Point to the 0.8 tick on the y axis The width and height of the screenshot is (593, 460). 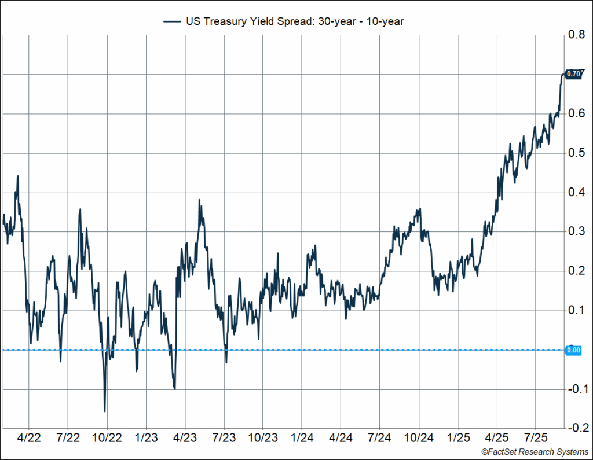point(576,35)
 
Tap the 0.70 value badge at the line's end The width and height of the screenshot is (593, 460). point(573,74)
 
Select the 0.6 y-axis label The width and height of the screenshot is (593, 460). point(576,113)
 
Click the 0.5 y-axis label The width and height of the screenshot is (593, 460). point(576,153)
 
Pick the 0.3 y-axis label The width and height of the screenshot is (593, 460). point(576,231)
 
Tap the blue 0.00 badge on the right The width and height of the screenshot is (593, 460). point(573,350)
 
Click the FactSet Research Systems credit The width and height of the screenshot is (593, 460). point(534,451)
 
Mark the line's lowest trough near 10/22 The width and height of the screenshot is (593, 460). point(105,411)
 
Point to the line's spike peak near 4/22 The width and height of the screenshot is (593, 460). point(18,176)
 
